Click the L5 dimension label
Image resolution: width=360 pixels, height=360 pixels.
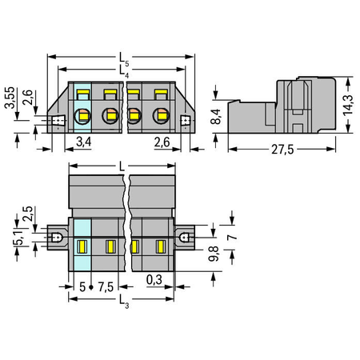[124, 59]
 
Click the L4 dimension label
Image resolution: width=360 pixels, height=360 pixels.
[124, 72]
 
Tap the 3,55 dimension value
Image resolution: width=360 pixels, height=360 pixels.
[10, 98]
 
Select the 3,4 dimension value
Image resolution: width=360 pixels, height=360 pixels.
[84, 142]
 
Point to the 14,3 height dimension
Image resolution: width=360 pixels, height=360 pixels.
[348, 105]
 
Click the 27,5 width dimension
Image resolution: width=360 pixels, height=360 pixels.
[282, 150]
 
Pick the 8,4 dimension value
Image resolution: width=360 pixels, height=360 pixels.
[216, 117]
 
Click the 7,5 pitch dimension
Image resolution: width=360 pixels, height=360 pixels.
[106, 287]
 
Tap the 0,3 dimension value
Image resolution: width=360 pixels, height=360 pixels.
[154, 280]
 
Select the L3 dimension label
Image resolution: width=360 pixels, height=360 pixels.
[124, 302]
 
